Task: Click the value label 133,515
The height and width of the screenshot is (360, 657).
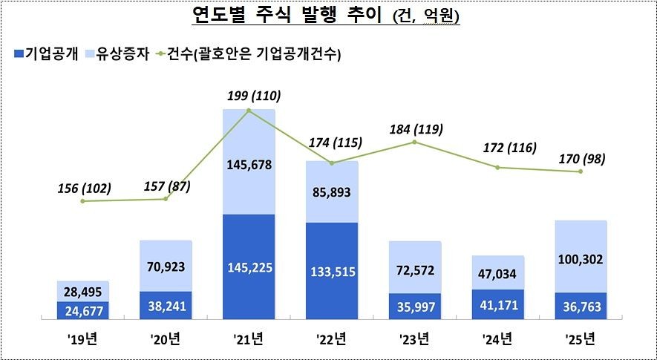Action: (x=332, y=272)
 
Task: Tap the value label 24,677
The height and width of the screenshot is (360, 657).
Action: (x=83, y=308)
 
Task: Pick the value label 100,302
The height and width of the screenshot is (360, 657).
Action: (x=581, y=260)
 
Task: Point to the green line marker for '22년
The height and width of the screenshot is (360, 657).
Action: (x=332, y=163)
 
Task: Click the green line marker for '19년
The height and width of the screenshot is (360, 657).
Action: (x=83, y=201)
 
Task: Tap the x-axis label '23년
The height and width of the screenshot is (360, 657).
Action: (x=414, y=342)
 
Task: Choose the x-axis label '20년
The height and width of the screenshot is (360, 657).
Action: (x=166, y=342)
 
